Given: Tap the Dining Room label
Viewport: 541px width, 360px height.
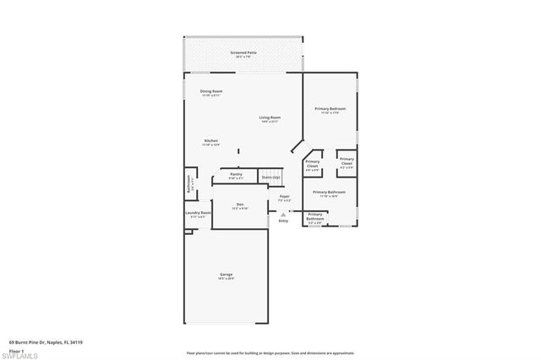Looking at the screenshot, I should tap(210, 92).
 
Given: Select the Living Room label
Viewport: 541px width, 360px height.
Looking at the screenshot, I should tap(270, 119).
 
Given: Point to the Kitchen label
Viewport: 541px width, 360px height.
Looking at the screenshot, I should tap(210, 142).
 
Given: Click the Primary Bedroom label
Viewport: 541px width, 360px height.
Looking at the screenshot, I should tap(330, 110).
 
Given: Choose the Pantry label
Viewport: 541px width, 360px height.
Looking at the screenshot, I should tap(236, 176).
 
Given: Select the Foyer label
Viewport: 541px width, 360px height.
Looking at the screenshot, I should tap(284, 199).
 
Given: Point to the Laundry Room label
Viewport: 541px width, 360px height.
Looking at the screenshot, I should tap(197, 215).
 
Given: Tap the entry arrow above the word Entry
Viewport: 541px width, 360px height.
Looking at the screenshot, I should tap(283, 215).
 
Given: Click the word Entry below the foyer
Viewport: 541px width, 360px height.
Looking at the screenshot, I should tap(283, 221).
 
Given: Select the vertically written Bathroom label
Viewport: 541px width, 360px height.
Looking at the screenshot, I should tap(189, 182).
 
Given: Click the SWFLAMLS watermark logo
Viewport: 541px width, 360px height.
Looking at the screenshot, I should tap(25, 352).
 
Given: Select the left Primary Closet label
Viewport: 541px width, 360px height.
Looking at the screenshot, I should tap(312, 163).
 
